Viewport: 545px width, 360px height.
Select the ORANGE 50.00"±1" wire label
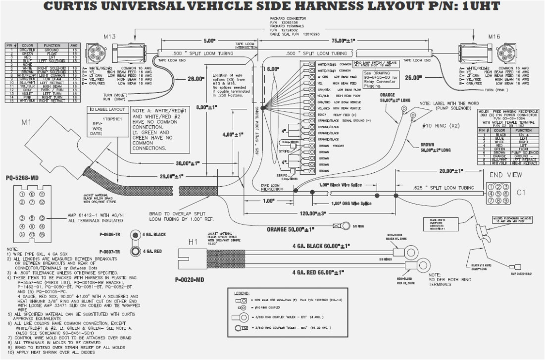click(284, 229)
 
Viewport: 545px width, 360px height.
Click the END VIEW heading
click(505, 175)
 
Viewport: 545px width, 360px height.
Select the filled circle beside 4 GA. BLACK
click(134, 235)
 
